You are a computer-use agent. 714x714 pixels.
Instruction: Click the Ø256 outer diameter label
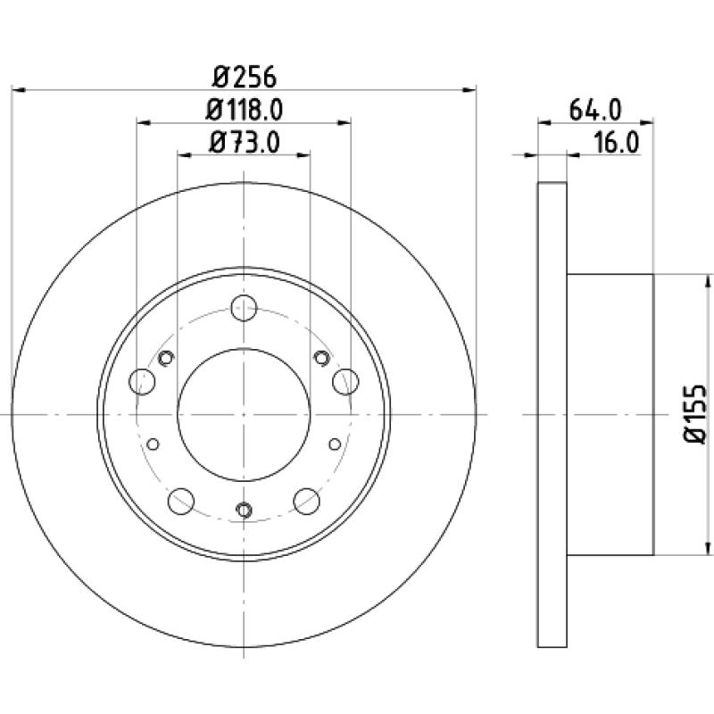pos(244,77)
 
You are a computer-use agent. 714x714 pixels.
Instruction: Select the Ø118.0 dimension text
pos(244,110)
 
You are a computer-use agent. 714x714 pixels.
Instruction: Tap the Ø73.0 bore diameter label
pos(244,142)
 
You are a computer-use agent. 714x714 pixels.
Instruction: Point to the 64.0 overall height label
pos(595,110)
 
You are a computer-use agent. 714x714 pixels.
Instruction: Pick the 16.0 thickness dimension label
pos(617,142)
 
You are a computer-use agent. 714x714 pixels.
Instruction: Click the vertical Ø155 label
pos(695,414)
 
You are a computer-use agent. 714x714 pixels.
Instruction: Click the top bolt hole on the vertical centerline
pos(244,308)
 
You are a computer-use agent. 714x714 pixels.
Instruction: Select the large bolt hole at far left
pos(142,382)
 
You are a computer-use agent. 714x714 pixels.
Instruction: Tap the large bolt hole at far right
pos(345,382)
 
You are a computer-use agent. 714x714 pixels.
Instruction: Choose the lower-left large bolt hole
pos(181,501)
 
